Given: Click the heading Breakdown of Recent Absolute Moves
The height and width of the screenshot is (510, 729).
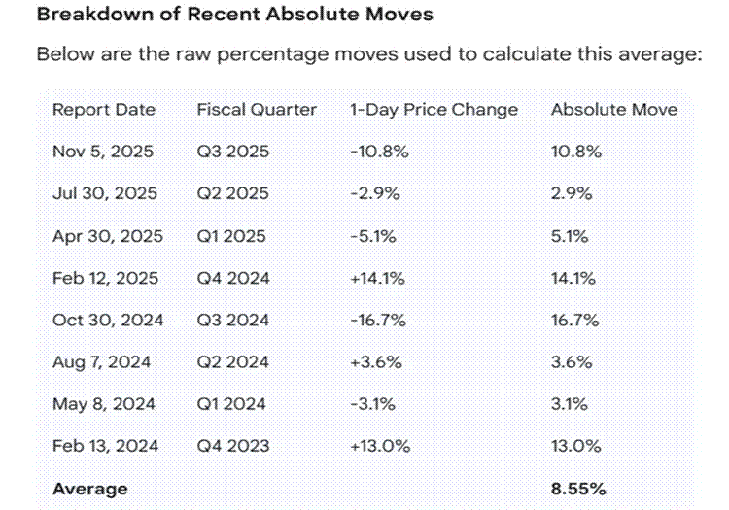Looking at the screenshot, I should coord(221,16).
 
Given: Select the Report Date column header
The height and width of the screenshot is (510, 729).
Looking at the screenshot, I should coord(103,110).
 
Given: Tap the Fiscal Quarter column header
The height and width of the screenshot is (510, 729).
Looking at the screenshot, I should coord(257,110).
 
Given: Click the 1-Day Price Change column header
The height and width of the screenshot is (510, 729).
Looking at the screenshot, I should coord(434,110).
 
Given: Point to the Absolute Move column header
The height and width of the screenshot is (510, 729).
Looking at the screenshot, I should coord(613,110).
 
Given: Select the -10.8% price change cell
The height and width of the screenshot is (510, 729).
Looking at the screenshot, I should coord(373,153).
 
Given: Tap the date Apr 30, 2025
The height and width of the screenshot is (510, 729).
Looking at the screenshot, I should coord(107,236).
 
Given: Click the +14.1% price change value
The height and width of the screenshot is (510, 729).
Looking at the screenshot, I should coord(373,278).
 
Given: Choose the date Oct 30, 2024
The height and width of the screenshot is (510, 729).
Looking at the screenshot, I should coord(107,320).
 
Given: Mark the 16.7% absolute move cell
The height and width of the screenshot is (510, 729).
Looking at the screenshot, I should coord(575,320).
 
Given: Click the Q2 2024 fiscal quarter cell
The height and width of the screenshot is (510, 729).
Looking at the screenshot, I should coord(233,362).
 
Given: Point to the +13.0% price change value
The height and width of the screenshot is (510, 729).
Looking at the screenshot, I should coord(375,446).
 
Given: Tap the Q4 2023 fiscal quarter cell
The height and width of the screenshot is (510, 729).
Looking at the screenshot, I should coord(233,446).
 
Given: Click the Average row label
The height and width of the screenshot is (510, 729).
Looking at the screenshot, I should coord(89,488).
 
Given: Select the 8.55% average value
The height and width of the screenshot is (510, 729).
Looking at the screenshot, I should coord(579,488).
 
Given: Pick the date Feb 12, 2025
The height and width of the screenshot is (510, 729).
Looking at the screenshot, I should coord(105,278).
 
